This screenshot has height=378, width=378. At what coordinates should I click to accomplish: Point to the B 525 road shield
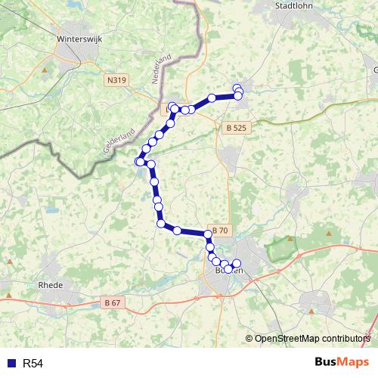tap(236, 129)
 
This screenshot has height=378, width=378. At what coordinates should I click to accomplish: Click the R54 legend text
tap(33, 364)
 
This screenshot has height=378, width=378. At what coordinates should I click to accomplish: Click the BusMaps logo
tap(341, 362)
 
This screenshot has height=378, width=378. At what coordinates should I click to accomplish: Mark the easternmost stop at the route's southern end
tap(236, 263)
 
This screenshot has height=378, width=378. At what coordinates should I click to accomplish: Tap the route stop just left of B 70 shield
tap(177, 231)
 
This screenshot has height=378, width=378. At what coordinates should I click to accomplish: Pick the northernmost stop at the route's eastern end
tap(237, 88)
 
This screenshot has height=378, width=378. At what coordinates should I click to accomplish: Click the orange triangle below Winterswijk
tap(45, 71)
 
